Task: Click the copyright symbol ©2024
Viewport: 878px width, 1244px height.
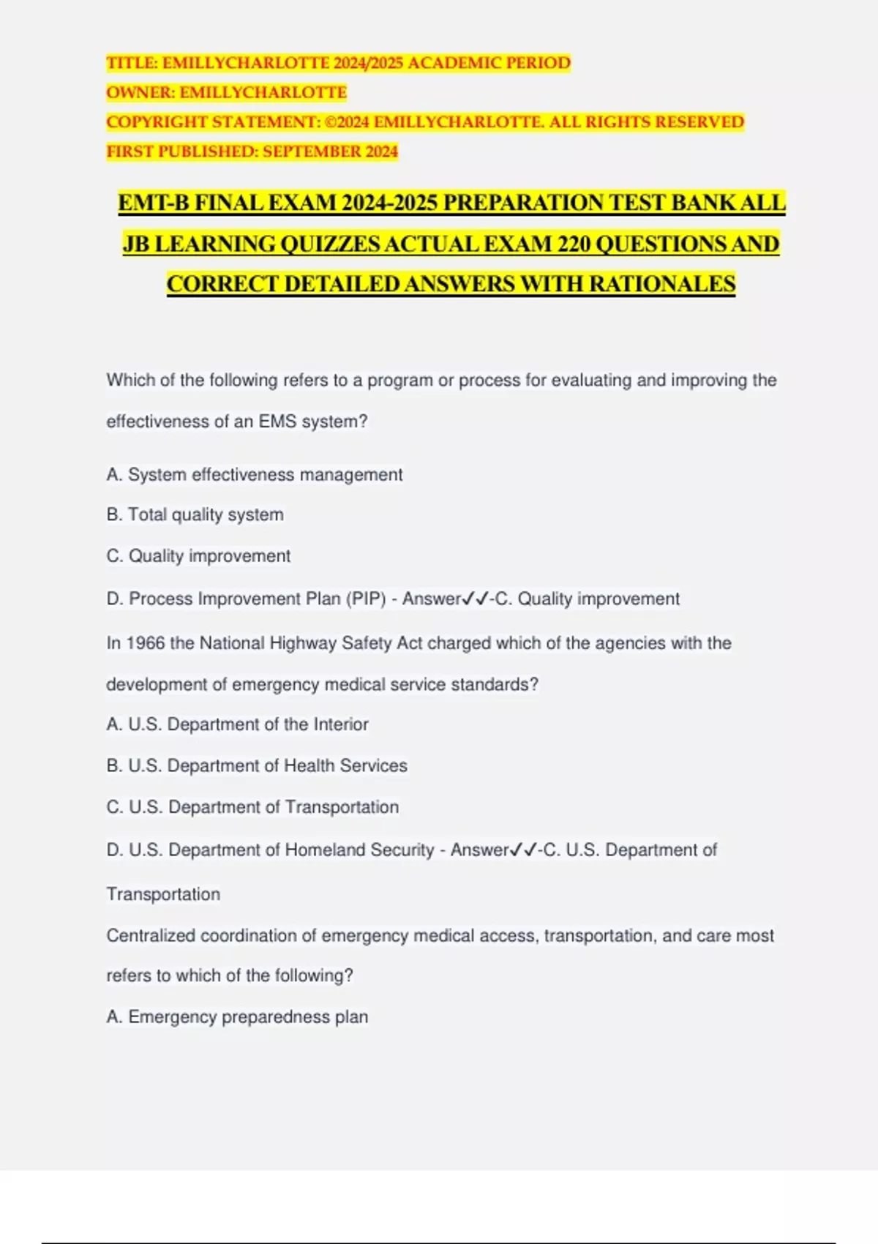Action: tap(347, 122)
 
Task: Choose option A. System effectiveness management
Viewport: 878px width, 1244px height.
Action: tap(254, 475)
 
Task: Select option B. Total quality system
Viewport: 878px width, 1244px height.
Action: tap(195, 515)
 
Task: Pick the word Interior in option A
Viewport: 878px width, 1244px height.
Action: tap(341, 724)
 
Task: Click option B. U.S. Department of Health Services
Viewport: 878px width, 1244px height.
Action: tap(256, 766)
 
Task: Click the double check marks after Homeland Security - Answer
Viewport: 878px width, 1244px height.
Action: tap(524, 850)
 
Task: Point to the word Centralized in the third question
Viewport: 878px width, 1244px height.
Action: tap(151, 936)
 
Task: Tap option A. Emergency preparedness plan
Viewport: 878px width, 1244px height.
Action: tap(237, 1017)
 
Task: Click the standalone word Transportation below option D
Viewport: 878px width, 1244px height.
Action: tap(163, 894)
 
